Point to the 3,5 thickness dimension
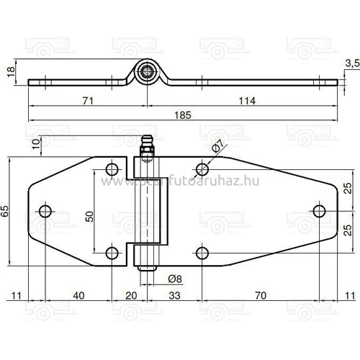[351, 64]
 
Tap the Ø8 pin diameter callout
[174, 278]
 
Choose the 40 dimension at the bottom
[78, 295]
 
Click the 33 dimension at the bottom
[174, 295]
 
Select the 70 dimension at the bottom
[260, 295]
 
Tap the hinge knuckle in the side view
[146, 72]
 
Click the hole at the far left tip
[45, 210]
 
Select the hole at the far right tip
[319, 210]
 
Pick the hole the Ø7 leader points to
[203, 169]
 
